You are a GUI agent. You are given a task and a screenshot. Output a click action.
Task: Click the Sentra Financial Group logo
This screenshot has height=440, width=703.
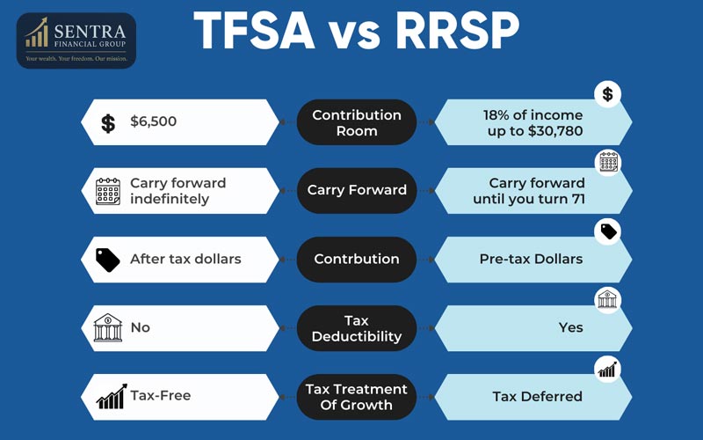point(76,39)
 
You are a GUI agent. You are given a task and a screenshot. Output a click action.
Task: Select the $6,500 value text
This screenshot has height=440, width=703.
point(154,121)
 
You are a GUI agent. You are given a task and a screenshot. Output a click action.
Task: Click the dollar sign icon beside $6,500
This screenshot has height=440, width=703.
point(108,122)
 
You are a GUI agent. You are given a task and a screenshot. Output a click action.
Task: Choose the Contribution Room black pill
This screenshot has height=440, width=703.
point(357,122)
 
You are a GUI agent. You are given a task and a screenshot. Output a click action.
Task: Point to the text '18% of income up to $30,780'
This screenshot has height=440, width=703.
point(533,122)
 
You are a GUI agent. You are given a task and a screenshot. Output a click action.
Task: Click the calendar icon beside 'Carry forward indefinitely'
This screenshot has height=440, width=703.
point(108,191)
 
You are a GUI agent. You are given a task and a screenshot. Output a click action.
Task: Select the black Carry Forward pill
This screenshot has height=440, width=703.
point(357,190)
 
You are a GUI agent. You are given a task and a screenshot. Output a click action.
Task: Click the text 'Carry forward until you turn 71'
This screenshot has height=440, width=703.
point(537,191)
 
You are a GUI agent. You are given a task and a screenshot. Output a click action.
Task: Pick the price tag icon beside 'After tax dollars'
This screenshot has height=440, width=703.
point(108,260)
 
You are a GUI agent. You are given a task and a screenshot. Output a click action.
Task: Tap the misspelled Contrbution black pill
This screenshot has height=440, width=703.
point(357,259)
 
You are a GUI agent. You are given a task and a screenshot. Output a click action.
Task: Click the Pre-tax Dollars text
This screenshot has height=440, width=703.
point(531,259)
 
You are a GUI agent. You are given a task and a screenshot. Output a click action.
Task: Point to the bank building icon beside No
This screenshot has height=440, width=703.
point(108,327)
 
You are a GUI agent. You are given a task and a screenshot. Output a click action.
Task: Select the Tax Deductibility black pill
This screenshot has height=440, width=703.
point(357,327)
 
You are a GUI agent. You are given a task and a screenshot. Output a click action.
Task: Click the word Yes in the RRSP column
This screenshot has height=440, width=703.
point(571,327)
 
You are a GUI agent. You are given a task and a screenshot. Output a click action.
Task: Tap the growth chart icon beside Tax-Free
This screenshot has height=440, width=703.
point(110,397)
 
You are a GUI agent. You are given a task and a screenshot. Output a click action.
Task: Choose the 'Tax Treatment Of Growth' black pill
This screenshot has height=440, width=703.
point(357,396)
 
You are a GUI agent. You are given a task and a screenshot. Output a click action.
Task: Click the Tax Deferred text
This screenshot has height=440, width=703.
point(537,396)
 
